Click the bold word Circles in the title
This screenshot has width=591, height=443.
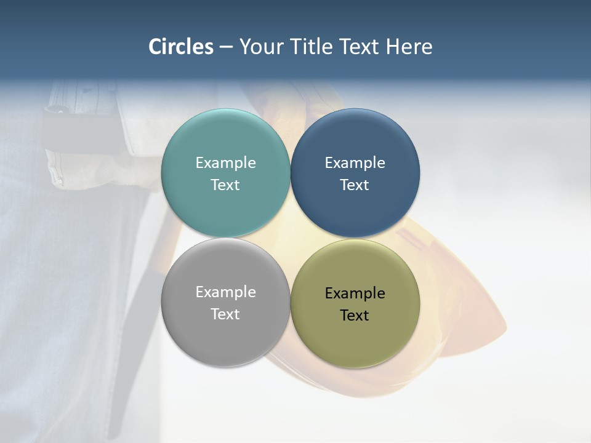pos(181,47)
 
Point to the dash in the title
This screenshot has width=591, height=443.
pos(226,47)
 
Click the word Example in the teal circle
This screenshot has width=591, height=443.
pos(225,163)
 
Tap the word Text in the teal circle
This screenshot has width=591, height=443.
pos(225,185)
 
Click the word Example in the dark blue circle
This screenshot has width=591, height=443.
pos(355,163)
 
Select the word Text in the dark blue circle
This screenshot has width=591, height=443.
pos(355,185)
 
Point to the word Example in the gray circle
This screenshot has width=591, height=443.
pos(225,292)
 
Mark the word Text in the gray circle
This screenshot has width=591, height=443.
pos(225,314)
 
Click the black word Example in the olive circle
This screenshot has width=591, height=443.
pos(355,293)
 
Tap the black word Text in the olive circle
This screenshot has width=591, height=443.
pos(355,316)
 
